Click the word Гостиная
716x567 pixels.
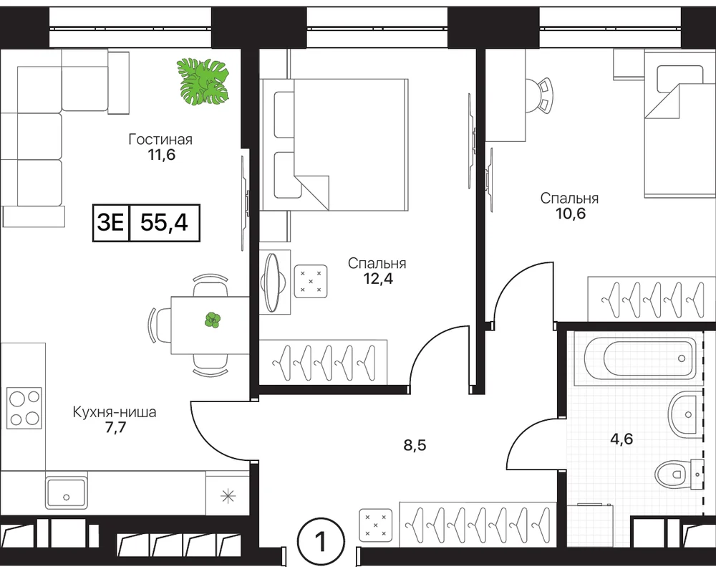(160, 139)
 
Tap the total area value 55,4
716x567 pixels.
(165, 223)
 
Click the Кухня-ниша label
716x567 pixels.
(115, 412)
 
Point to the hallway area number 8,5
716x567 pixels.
(415, 444)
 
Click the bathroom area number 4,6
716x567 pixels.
(622, 439)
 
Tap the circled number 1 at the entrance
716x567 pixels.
(321, 542)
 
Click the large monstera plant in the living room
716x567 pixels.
(203, 80)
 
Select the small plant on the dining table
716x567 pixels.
(213, 320)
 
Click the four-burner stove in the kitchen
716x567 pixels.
(24, 407)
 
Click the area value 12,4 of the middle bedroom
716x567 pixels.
(377, 278)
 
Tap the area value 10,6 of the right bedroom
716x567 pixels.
(571, 213)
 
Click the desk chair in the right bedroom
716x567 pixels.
(540, 96)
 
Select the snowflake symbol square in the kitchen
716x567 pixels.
(228, 496)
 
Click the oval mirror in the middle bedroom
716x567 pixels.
(273, 283)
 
